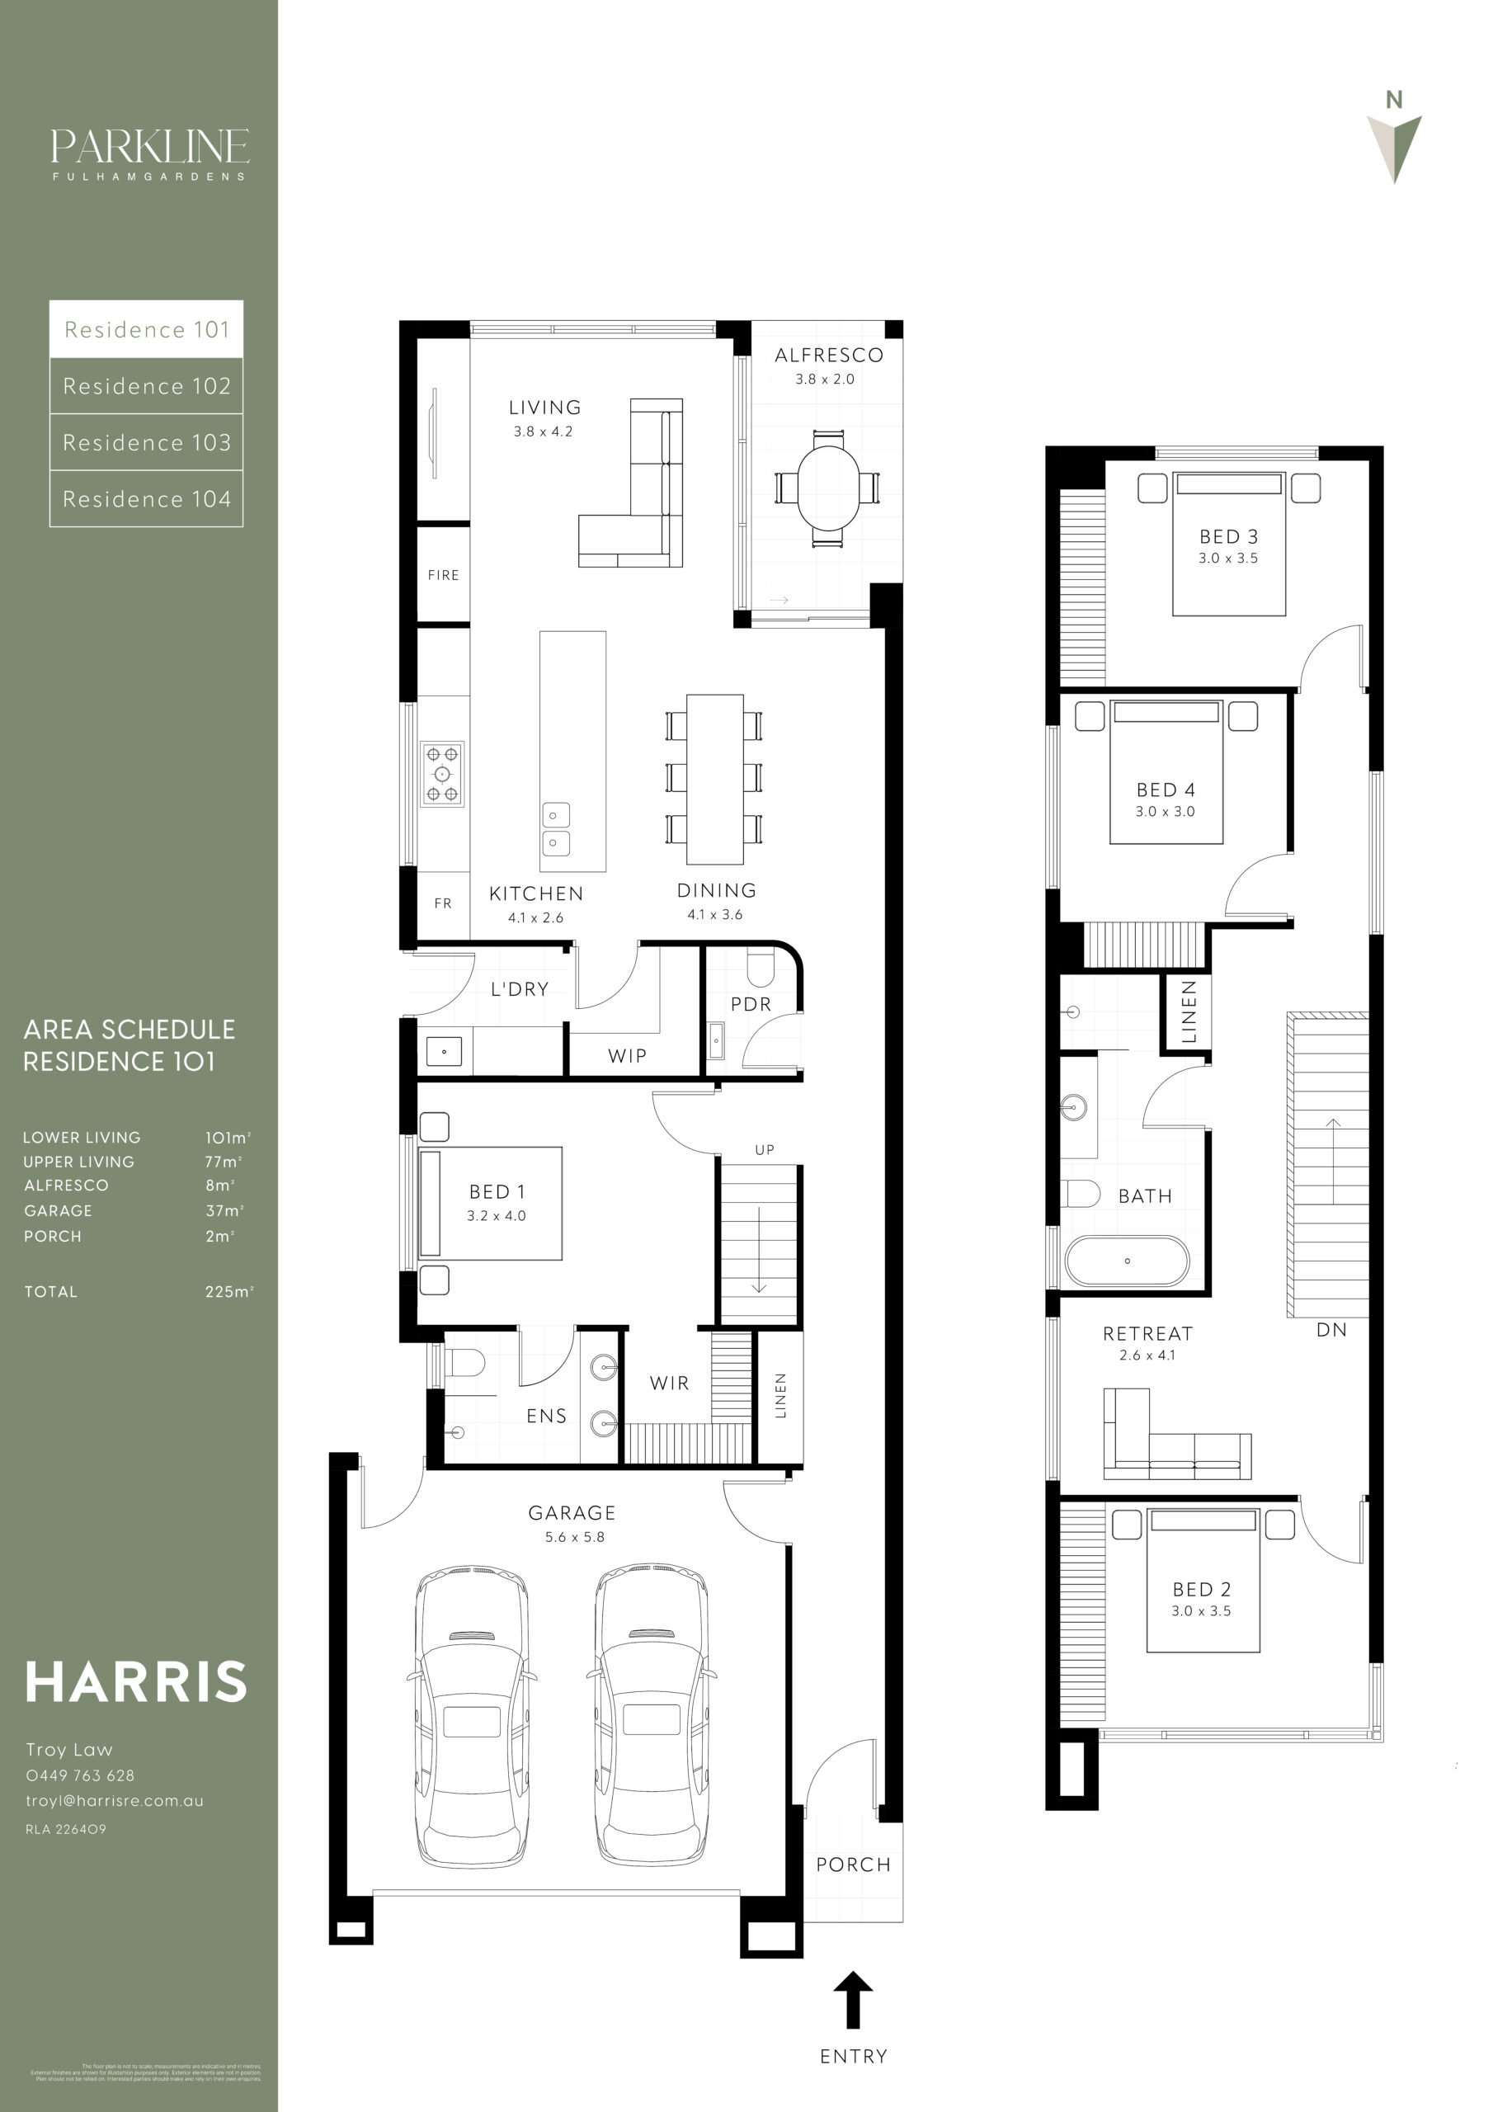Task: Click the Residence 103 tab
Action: (x=146, y=442)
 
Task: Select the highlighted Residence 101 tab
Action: (x=146, y=329)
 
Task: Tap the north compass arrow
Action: (x=1395, y=147)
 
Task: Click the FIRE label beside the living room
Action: (x=444, y=575)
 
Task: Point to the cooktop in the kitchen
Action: (x=442, y=774)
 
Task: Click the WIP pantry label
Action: (x=628, y=1056)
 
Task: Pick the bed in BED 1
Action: (x=490, y=1202)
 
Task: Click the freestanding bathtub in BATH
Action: (x=1127, y=1261)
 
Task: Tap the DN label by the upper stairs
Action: (x=1331, y=1330)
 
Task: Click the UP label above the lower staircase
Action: (x=765, y=1150)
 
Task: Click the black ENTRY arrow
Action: (x=853, y=2000)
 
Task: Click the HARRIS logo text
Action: (x=136, y=1682)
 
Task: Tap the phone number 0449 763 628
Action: (x=80, y=1775)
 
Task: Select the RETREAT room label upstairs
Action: (x=1147, y=1334)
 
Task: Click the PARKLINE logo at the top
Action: (x=149, y=147)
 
